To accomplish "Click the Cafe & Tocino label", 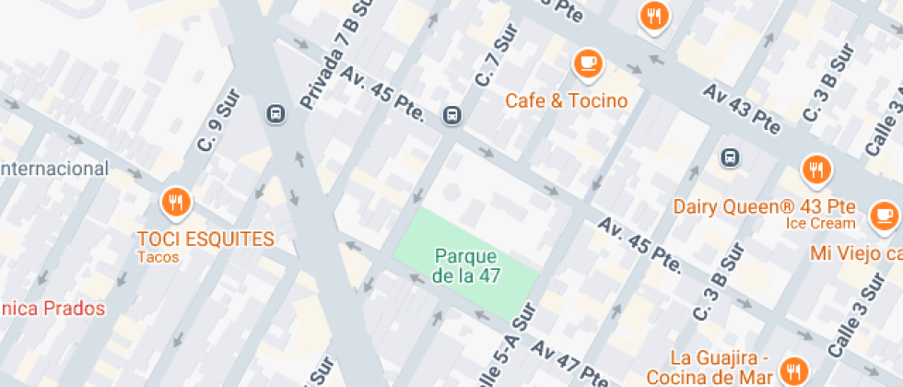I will pyautogui.click(x=566, y=100).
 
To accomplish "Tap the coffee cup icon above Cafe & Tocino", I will pyautogui.click(x=587, y=64).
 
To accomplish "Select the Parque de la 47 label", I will pyautogui.click(x=466, y=265).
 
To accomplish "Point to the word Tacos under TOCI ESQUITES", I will pyautogui.click(x=158, y=257).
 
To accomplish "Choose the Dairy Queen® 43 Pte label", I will pyautogui.click(x=764, y=205).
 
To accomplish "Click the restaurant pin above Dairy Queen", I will pyautogui.click(x=815, y=170).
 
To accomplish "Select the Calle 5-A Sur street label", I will pyautogui.click(x=502, y=355).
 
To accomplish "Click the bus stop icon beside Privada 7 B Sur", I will pyautogui.click(x=275, y=114).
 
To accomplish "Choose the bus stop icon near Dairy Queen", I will pyautogui.click(x=730, y=157).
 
